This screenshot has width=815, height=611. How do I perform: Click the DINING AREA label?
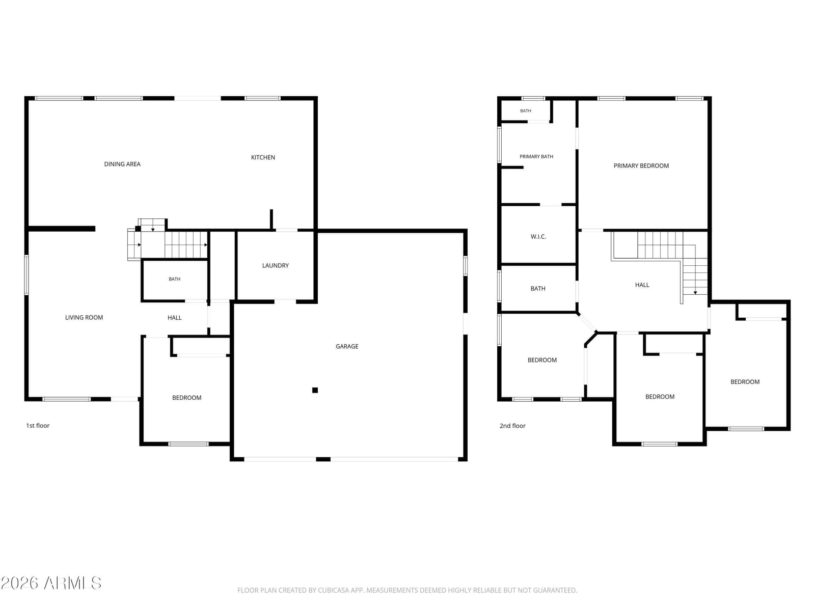coord(122,164)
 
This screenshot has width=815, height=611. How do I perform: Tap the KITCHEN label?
coord(263,157)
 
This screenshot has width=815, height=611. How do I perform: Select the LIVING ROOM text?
coord(84,317)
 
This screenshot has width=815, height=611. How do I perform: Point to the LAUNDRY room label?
coord(275,265)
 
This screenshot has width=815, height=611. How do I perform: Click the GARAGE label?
coord(347,346)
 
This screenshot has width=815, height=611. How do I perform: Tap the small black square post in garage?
coord(315,390)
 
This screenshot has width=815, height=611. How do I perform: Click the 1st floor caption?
coord(38,426)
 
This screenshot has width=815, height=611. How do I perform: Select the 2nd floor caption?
coord(512,426)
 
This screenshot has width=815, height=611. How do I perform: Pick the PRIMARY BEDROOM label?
coord(641,166)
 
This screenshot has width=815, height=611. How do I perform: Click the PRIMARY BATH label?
coord(536,156)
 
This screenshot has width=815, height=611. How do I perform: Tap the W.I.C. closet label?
coord(538,237)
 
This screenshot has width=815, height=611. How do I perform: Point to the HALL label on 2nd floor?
coord(642,285)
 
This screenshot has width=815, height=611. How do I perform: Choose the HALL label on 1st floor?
coord(175,318)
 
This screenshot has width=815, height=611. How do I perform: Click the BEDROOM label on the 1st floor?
coord(187,398)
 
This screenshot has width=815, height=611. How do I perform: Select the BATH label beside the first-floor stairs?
coord(175,279)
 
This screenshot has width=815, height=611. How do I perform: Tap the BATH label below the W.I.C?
coord(537,288)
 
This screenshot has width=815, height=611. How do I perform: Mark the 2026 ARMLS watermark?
coord(51,583)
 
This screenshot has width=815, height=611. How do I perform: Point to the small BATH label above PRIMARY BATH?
coord(525,110)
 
